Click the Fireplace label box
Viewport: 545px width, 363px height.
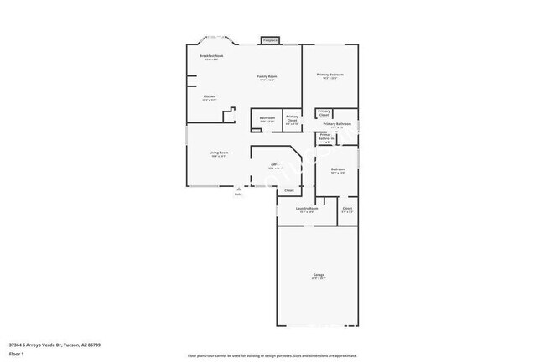(x=270, y=39)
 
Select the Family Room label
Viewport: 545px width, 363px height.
(x=267, y=77)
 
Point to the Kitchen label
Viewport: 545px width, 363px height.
(x=209, y=97)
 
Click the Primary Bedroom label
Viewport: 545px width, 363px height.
(x=330, y=75)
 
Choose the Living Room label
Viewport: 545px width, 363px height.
(x=219, y=153)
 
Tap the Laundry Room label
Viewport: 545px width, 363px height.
(x=308, y=209)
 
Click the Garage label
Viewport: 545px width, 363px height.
(x=319, y=276)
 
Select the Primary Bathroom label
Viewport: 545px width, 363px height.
(x=336, y=125)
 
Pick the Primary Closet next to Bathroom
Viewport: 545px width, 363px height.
(x=292, y=119)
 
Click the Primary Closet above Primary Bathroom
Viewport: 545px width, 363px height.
(x=324, y=112)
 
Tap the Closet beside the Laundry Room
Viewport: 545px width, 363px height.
(x=347, y=209)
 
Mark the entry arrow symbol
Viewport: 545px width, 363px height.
(x=238, y=189)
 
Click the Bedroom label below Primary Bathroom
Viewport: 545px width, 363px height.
(x=337, y=170)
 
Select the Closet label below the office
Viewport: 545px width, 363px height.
(x=288, y=191)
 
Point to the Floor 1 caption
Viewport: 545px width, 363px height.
(x=16, y=355)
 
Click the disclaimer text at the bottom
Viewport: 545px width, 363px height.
(x=272, y=355)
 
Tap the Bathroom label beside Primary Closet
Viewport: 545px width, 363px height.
(x=267, y=118)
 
